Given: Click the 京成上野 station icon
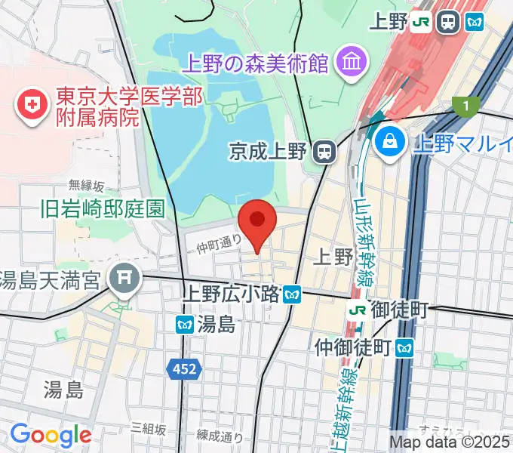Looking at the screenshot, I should tap(324, 152).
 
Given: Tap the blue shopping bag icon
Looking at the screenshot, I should tap(392, 141).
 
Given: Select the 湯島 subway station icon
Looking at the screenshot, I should tap(185, 325).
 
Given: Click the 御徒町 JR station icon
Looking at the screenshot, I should tap(358, 310).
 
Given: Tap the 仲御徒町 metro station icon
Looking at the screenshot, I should tap(406, 347).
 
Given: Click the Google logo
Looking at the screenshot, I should tap(51, 434).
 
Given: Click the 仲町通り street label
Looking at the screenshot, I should tap(220, 244).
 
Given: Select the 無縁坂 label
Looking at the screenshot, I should tap(87, 185).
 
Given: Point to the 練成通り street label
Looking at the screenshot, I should tap(220, 436).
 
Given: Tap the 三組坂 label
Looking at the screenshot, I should tap(148, 428).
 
